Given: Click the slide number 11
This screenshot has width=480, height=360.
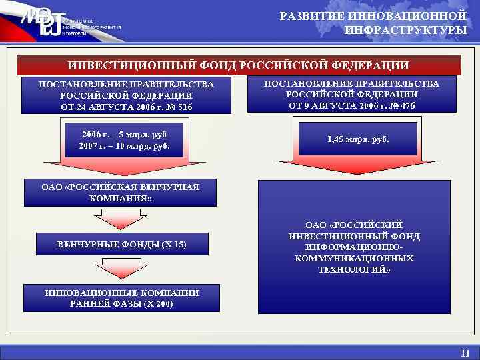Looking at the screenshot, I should (465, 353).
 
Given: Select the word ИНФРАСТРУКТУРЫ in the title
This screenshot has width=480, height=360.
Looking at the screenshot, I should (405, 30).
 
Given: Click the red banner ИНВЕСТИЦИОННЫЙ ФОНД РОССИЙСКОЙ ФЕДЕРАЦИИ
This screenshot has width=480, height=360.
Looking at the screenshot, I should (239, 65).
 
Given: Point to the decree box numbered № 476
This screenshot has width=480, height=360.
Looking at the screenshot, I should (352, 94).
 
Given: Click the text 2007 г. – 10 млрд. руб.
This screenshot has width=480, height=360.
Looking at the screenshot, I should (124, 145).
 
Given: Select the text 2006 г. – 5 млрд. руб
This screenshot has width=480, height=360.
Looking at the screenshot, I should (124, 133).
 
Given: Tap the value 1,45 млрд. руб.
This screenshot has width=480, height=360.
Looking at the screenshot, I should (358, 140).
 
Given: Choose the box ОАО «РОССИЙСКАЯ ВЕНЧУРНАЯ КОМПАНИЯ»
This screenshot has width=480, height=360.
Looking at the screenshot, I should (121, 192).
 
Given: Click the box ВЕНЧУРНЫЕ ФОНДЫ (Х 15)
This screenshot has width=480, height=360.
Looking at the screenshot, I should (121, 245).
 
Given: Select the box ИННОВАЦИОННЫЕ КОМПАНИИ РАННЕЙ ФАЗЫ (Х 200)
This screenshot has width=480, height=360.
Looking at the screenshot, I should (121, 298).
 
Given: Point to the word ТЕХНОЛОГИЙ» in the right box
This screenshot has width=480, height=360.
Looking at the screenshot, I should (354, 269).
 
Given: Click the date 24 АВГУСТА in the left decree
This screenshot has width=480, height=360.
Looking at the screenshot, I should (104, 107).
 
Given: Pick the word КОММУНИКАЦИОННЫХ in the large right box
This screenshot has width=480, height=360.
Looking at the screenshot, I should (354, 258).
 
